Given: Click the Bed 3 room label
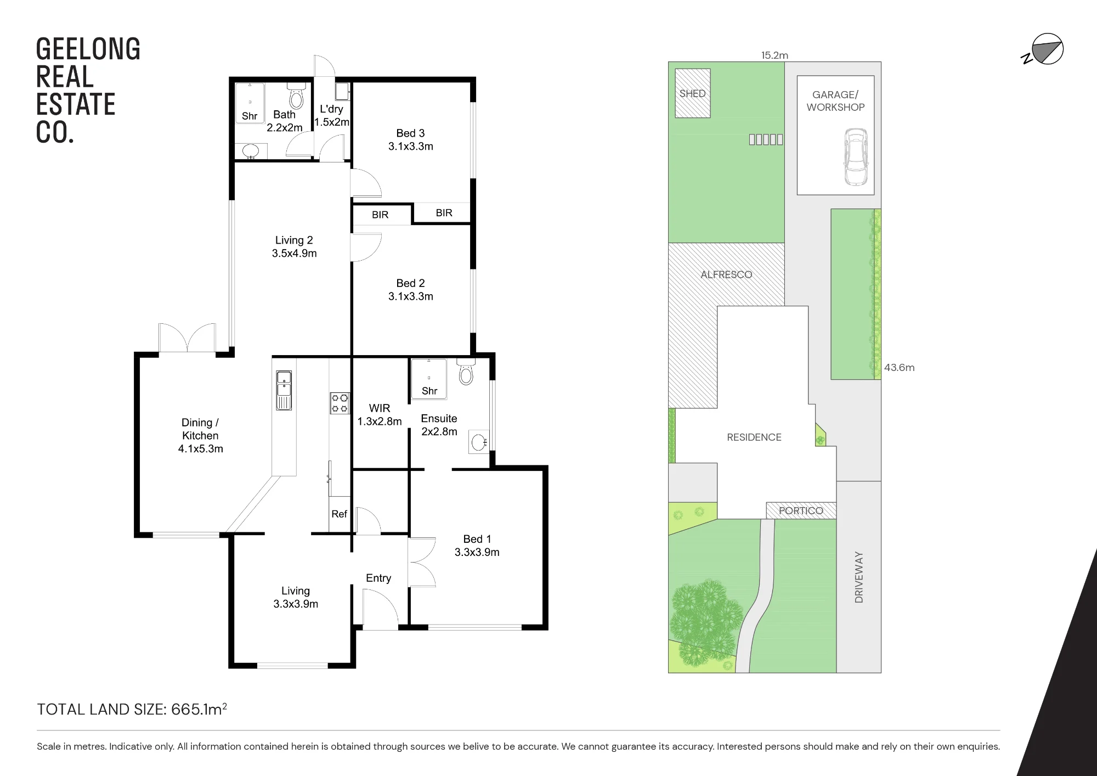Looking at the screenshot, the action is (x=410, y=140).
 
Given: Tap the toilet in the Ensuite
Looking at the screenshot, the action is (x=466, y=372).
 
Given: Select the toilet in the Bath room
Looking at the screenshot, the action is (x=296, y=96).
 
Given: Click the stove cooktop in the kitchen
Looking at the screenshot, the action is (x=340, y=403).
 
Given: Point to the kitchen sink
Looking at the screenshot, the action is (x=284, y=390).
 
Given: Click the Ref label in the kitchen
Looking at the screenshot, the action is (x=339, y=514).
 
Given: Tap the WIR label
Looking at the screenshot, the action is (x=380, y=408).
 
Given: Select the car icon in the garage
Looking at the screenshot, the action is (x=856, y=157).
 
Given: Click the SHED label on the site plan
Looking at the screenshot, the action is (x=692, y=94).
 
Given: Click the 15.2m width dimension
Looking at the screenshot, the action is (x=774, y=55).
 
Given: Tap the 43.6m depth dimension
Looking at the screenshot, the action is (x=899, y=368).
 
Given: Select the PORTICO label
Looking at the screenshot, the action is (x=801, y=511).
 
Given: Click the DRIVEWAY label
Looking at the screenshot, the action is (x=859, y=577).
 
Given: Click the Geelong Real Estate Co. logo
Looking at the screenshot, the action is (x=88, y=91).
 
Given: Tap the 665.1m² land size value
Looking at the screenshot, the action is (x=199, y=709).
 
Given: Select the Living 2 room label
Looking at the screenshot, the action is (x=294, y=247).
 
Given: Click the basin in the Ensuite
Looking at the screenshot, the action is (x=479, y=442).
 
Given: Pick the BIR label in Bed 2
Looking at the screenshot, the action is (x=380, y=215).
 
